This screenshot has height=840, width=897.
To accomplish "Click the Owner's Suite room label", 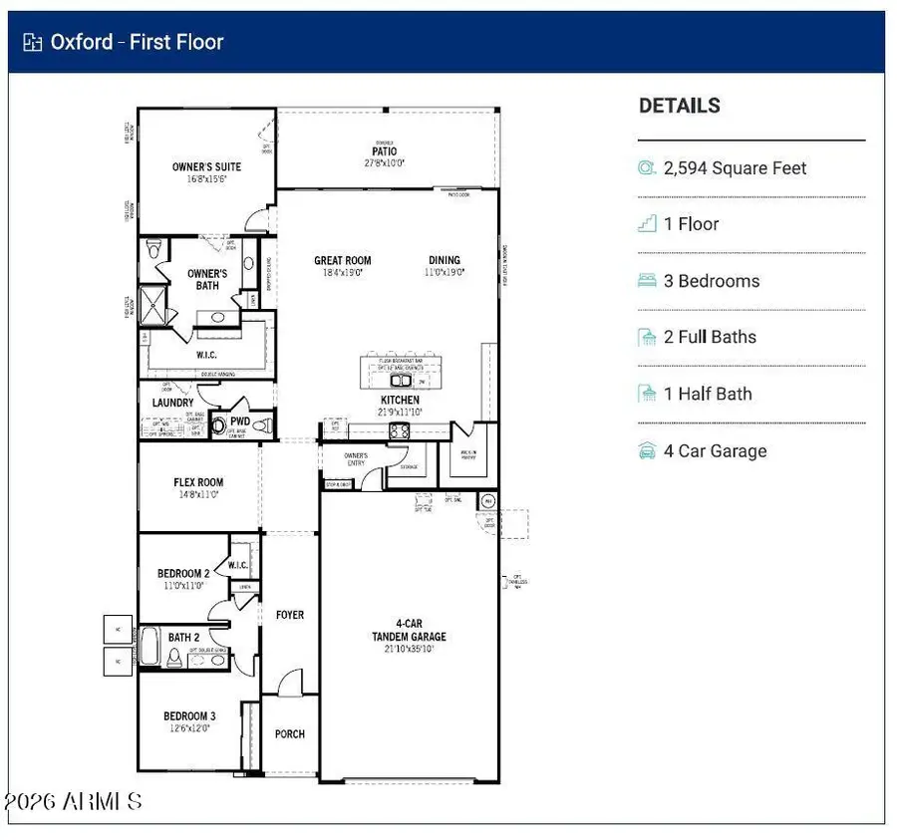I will [x=206, y=167].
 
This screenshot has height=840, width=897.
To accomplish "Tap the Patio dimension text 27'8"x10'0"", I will [x=384, y=162].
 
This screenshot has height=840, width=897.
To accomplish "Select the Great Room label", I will [x=343, y=261].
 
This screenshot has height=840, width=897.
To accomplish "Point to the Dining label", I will [x=445, y=261].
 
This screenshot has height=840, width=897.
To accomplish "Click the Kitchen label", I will [x=400, y=401].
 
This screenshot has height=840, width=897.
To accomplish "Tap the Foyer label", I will [x=289, y=616].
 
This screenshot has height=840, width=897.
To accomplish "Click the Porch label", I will [x=289, y=734].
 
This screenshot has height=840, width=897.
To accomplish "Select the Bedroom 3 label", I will [x=189, y=716].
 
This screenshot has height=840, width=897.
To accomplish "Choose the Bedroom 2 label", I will [x=183, y=574].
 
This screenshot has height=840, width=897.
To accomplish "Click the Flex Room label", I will [x=197, y=483].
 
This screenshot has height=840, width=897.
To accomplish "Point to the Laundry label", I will [x=172, y=403].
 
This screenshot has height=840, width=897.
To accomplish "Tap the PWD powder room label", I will [x=240, y=420].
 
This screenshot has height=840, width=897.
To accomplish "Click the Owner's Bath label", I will [x=207, y=279].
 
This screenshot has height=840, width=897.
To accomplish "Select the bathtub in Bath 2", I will [x=149, y=646].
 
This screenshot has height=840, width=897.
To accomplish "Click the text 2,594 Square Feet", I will [x=735, y=168].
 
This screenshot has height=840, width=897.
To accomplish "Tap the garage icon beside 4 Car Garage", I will [x=647, y=451].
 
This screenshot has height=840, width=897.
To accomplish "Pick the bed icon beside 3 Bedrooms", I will [x=647, y=281].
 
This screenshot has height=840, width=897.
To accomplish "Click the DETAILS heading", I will [x=679, y=106].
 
